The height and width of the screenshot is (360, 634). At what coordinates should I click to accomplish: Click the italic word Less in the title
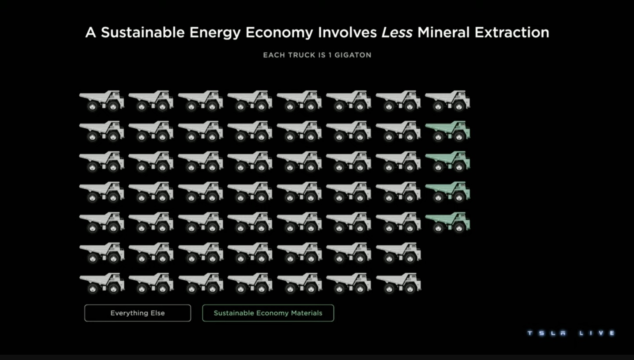pyautogui.click(x=397, y=32)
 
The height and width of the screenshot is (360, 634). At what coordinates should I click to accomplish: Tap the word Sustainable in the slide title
pyautogui.click(x=143, y=32)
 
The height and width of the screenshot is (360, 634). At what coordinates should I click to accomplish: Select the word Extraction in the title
pyautogui.click(x=512, y=32)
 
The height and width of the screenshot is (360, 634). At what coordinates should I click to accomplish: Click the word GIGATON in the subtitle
pyautogui.click(x=353, y=55)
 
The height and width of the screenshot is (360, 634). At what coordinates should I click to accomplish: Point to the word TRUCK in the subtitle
pyautogui.click(x=302, y=55)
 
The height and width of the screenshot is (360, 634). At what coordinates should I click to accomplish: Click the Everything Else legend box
pyautogui.click(x=137, y=313)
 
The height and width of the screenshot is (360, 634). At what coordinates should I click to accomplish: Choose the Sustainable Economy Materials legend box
pyautogui.click(x=268, y=313)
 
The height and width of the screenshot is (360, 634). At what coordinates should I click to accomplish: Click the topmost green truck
pyautogui.click(x=448, y=131)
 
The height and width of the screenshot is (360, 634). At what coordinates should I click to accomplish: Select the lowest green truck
pyautogui.click(x=448, y=222)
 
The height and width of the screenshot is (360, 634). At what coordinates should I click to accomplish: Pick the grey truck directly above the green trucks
pyautogui.click(x=448, y=100)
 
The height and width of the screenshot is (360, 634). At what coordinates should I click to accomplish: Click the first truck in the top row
pyautogui.click(x=102, y=100)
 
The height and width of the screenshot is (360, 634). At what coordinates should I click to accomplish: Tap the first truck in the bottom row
pyautogui.click(x=102, y=283)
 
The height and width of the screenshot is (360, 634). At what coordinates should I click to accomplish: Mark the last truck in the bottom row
pyautogui.click(x=398, y=283)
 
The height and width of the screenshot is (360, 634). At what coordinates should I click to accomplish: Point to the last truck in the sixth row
pyautogui.click(x=398, y=252)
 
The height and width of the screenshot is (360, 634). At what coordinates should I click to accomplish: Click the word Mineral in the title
pyautogui.click(x=444, y=32)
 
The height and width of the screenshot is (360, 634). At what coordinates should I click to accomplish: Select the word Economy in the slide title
pyautogui.click(x=279, y=33)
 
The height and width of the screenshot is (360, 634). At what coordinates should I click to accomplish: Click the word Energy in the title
pyautogui.click(x=215, y=33)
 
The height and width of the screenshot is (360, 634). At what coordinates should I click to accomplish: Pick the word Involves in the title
pyautogui.click(x=347, y=32)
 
